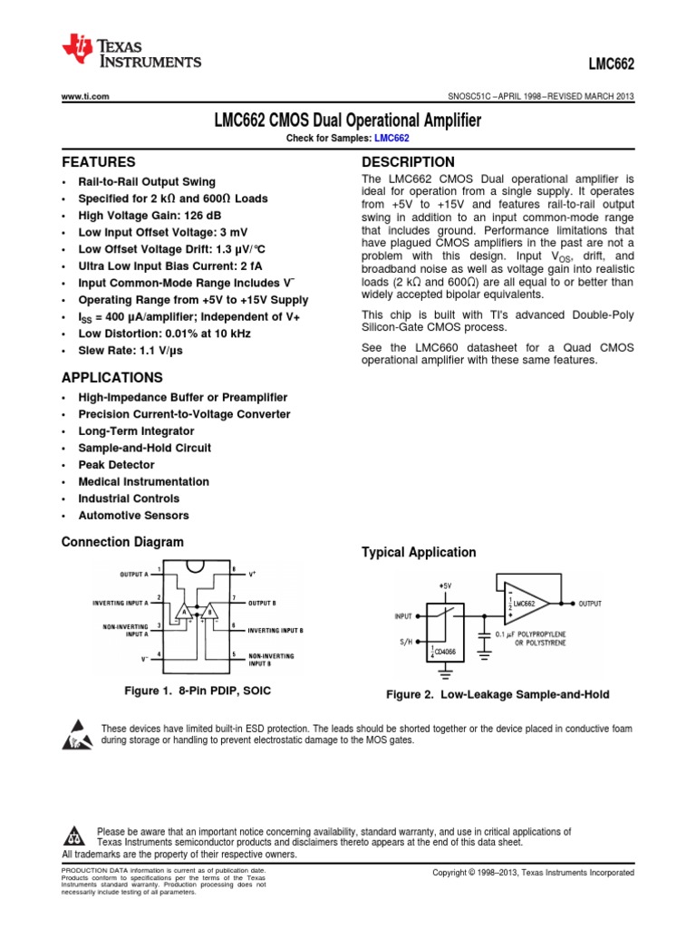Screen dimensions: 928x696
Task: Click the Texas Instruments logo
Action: tap(130, 53)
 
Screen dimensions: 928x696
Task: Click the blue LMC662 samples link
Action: tap(391, 138)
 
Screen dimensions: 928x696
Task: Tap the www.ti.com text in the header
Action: tap(85, 96)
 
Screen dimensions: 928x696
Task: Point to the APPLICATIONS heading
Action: tap(111, 377)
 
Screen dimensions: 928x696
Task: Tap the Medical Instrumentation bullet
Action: tap(143, 482)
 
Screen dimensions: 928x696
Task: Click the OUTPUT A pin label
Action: tap(137, 574)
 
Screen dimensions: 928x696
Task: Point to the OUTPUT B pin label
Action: tap(268, 602)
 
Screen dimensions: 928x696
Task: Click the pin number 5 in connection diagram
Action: tap(234, 653)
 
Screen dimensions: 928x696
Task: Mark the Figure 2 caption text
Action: tap(498, 695)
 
